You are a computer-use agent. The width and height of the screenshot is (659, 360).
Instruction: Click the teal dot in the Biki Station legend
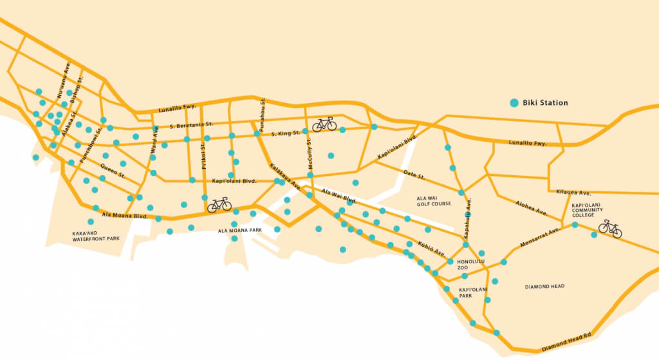point(514,102)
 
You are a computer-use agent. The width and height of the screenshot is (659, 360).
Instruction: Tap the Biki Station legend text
point(545,102)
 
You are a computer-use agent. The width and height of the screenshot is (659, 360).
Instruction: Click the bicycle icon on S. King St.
point(324,124)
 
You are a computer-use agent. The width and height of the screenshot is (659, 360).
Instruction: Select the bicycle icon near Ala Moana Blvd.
point(219,205)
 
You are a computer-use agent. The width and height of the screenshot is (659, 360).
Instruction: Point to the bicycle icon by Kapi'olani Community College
point(609,229)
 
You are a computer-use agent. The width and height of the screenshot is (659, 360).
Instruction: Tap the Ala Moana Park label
point(239,230)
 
